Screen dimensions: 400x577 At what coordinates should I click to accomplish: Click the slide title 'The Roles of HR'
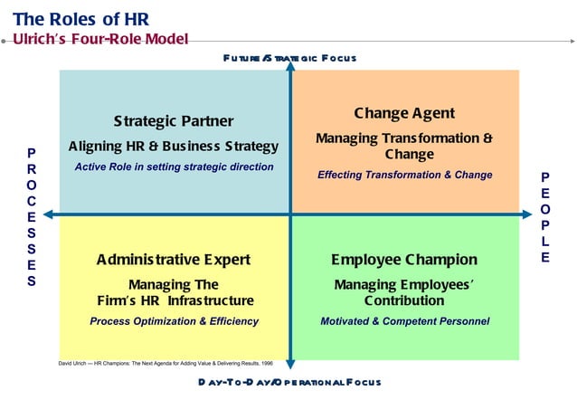81,18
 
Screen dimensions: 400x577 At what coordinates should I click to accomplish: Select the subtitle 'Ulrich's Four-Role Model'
100,39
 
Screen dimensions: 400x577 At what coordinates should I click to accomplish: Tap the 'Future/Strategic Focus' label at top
289,58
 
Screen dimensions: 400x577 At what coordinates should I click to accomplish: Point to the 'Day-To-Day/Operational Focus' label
289,382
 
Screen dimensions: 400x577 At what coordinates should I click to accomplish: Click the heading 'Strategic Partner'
174,121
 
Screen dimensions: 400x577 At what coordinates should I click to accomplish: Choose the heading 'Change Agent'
404,114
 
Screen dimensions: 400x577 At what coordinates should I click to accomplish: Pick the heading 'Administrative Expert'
174,260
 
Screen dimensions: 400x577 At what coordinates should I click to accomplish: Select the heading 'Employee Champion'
404,260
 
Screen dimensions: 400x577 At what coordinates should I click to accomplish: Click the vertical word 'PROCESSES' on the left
32,217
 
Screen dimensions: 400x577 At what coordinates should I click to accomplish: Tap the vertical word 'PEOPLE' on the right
545,217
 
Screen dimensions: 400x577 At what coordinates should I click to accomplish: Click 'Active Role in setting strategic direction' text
174,167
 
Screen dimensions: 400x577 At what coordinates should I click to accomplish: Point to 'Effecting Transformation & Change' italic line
404,175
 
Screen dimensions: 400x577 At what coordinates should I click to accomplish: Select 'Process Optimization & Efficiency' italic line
174,321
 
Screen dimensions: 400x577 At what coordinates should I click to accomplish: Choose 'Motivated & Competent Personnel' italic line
404,321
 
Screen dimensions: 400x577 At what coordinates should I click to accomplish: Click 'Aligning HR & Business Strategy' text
174,146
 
